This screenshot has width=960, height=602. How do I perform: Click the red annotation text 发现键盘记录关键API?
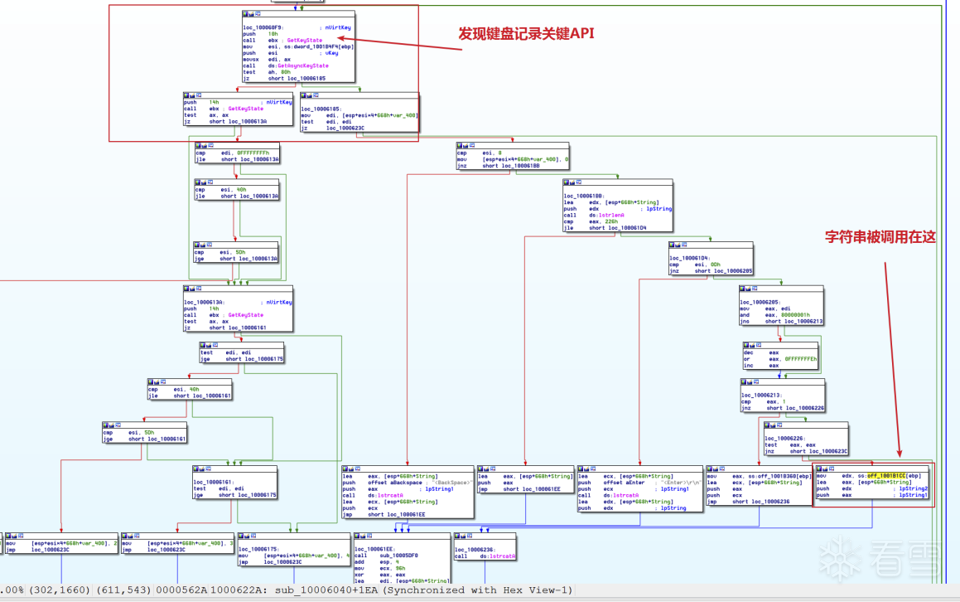[x=527, y=34]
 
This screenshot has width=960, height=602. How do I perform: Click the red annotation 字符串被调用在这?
[x=880, y=237]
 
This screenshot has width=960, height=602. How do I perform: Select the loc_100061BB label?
[x=585, y=196]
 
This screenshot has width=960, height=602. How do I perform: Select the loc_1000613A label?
[x=205, y=303]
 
